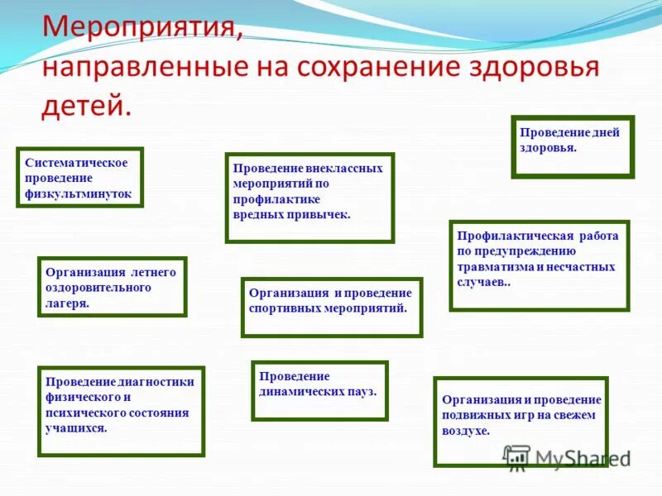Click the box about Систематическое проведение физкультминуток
click(80, 178)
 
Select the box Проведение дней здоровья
click(573, 146)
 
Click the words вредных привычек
click(291, 213)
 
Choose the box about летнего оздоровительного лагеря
click(112, 287)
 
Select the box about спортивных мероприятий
click(331, 307)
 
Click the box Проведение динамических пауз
click(319, 384)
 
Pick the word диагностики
click(157, 381)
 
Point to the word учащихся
click(76, 428)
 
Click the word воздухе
click(466, 431)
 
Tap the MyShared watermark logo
click(567, 458)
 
